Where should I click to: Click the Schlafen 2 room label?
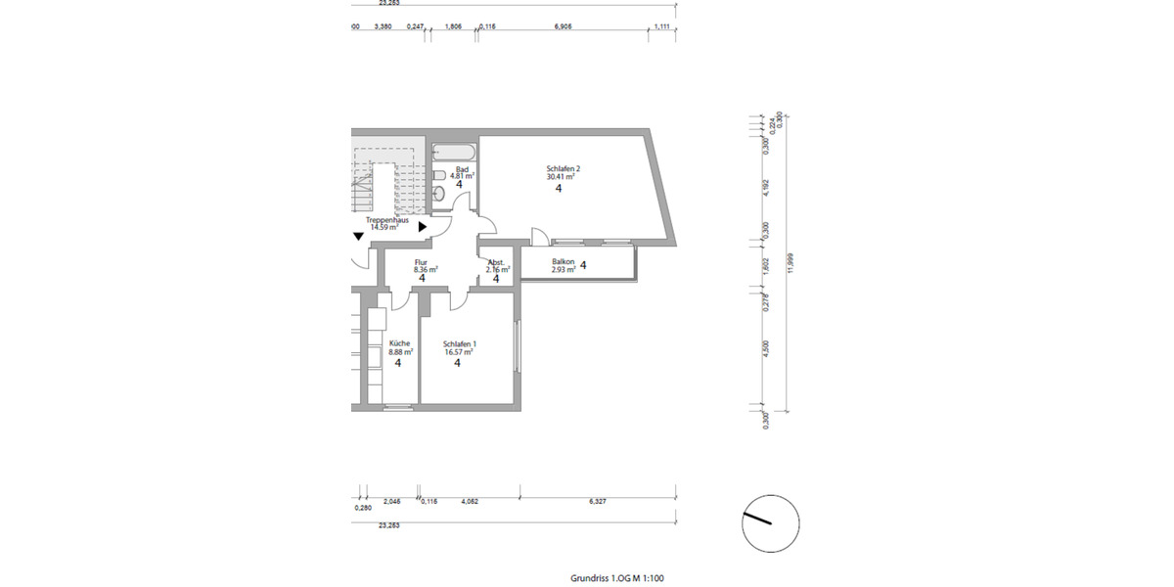click(562, 169)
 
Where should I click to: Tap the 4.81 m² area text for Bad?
click(463, 176)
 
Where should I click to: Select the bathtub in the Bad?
click(454, 153)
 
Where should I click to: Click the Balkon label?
click(563, 261)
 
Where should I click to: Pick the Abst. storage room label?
click(496, 261)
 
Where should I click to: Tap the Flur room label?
click(421, 261)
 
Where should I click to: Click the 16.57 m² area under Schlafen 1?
click(459, 351)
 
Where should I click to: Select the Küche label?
click(399, 343)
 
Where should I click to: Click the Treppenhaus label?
click(387, 220)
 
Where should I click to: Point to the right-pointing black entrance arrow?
click(423, 226)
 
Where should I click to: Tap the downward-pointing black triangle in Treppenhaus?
click(359, 235)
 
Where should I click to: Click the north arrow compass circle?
click(771, 522)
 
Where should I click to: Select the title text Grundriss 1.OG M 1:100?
click(617, 577)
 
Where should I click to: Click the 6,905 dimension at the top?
click(563, 27)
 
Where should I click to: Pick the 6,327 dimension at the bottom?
click(598, 501)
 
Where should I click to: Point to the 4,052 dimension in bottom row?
click(469, 501)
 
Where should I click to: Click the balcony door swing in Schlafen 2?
click(539, 236)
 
